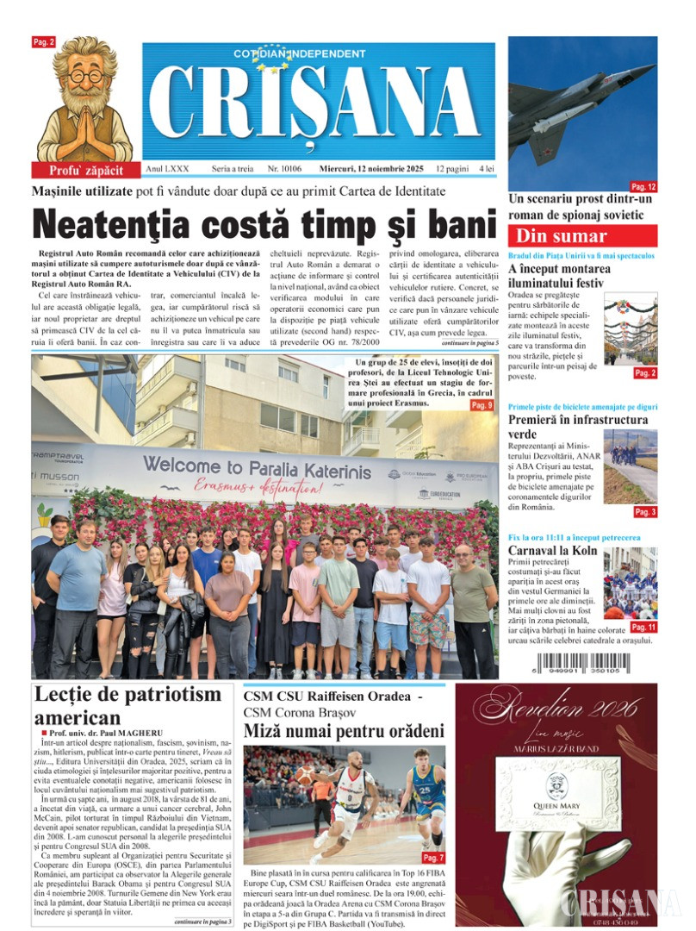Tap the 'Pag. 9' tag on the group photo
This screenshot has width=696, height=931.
tap(482, 405)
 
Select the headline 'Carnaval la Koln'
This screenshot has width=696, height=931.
tap(551, 550)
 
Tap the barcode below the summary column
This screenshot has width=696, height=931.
tap(582, 665)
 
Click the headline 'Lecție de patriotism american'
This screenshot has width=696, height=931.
tap(127, 705)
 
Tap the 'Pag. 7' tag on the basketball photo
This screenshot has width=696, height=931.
tap(433, 858)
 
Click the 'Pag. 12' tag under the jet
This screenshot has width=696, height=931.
tap(643, 186)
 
